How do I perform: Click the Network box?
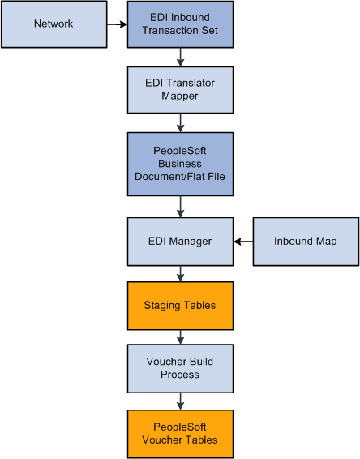tap(54, 24)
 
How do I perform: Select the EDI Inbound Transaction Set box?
tap(180, 24)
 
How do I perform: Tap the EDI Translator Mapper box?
tap(180, 88)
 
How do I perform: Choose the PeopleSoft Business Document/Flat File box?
tap(180, 164)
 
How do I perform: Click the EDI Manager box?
tap(180, 241)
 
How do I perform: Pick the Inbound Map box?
tap(306, 241)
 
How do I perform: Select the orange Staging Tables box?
tap(180, 305)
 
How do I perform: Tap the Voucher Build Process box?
tap(180, 368)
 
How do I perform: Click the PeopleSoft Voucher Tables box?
tap(180, 434)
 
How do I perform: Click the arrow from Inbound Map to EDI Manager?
tap(243, 241)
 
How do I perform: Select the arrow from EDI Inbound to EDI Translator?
tap(180, 56)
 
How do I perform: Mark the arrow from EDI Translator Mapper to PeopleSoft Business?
tap(180, 122)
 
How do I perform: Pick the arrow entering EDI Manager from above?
tap(180, 206)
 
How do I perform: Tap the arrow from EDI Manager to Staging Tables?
tap(180, 272)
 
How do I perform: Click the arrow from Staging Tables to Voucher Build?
tap(180, 337)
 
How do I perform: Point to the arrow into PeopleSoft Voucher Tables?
tap(180, 401)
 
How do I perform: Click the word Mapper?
tap(180, 95)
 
